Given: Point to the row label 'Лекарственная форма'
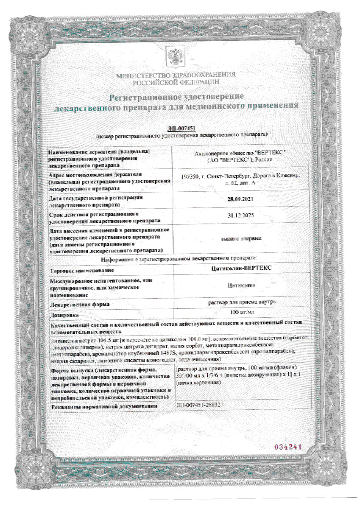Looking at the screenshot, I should [x=80, y=304].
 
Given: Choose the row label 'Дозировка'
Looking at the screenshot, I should [x=64, y=315].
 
